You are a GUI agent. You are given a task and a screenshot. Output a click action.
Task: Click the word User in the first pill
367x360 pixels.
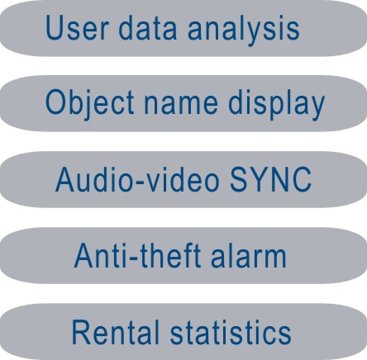click(77, 28)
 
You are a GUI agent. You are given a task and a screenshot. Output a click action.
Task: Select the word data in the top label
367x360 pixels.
click(147, 27)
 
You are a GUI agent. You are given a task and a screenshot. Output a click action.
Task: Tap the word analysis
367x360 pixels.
click(243, 30)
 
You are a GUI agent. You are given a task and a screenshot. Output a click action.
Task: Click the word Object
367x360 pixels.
click(90, 104)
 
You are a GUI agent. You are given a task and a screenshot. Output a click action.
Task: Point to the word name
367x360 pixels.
click(181, 106)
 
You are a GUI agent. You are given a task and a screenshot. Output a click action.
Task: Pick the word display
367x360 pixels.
click(276, 105)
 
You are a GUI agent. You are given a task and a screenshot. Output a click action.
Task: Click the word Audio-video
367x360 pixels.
click(137, 178)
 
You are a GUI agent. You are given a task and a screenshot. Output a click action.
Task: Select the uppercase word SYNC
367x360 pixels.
click(270, 179)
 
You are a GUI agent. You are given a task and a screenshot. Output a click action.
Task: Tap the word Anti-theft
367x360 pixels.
click(137, 255)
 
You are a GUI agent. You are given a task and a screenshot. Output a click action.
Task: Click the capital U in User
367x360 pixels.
click(56, 28)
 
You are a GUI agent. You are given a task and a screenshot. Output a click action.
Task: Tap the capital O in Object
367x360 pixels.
click(56, 102)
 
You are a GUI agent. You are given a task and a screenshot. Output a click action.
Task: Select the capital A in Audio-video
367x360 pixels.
click(67, 179)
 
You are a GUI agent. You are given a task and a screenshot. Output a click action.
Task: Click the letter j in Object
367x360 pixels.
click(88, 105)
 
